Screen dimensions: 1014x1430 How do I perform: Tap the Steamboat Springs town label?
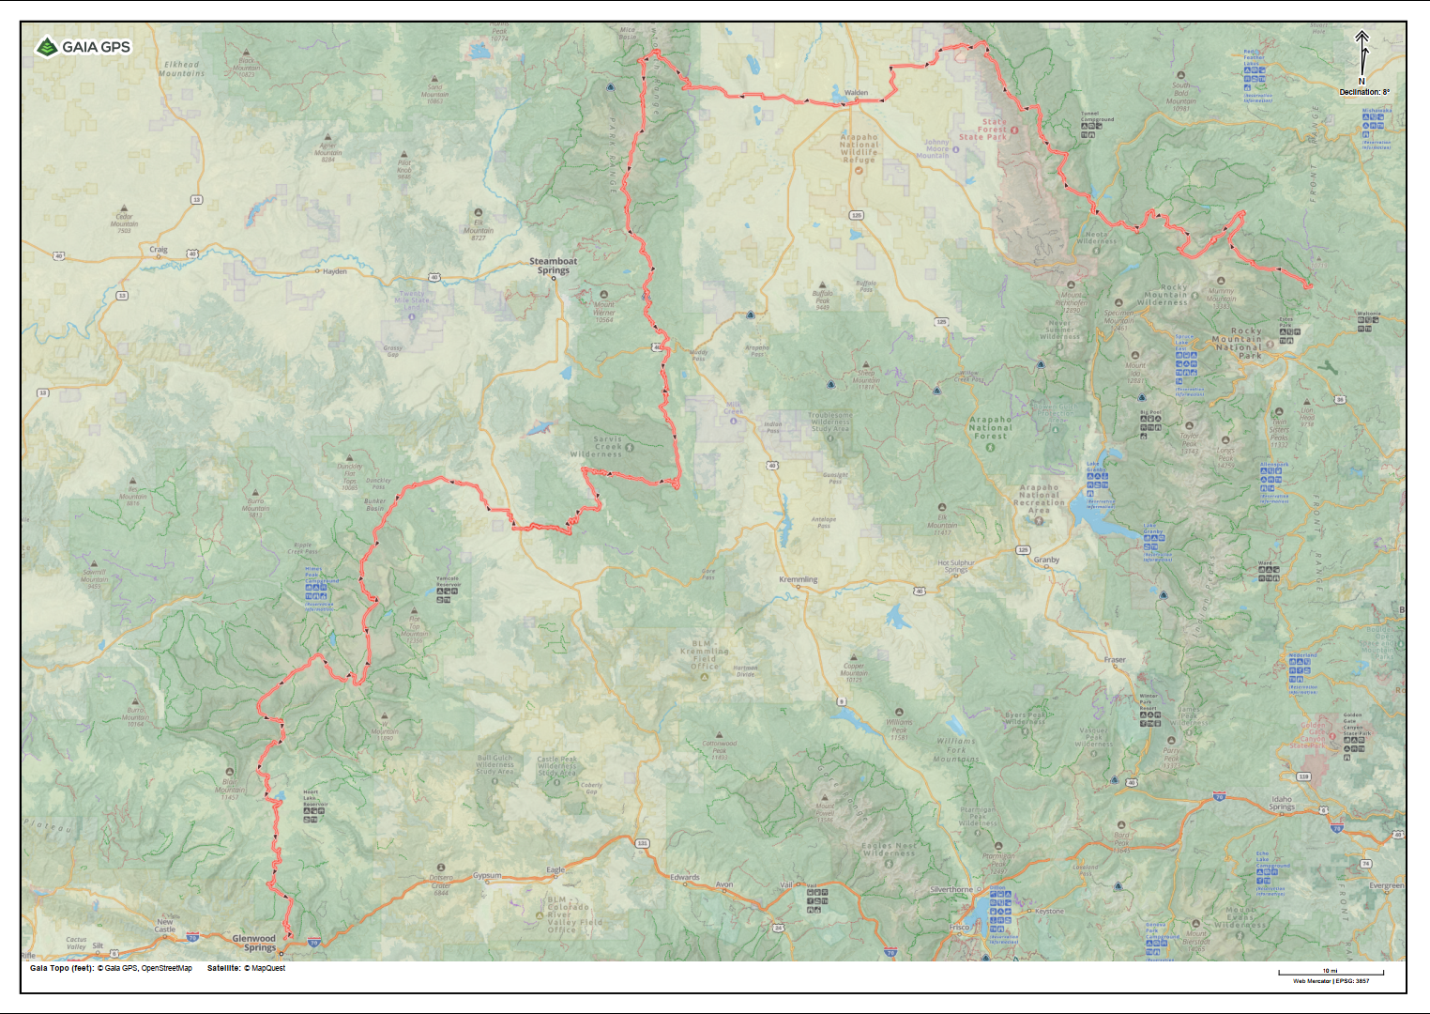tap(554, 266)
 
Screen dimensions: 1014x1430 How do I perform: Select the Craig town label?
tap(159, 250)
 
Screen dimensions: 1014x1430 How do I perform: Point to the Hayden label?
tap(335, 271)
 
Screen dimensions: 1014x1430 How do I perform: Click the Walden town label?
tap(856, 93)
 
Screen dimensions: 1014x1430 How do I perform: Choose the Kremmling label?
tap(798, 579)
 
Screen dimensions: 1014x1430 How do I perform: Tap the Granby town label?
tap(1046, 560)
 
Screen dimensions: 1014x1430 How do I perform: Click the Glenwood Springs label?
tap(254, 943)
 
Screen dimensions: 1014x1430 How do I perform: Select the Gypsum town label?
tap(487, 875)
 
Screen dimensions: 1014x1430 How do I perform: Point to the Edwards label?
tap(685, 877)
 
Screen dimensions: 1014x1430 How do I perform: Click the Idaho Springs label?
tap(1282, 803)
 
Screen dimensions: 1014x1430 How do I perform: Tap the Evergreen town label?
tap(1386, 885)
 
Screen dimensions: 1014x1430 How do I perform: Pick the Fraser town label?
tap(1115, 659)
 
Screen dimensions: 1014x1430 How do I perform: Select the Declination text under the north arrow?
tap(1364, 92)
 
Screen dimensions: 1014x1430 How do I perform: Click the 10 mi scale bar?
tap(1331, 973)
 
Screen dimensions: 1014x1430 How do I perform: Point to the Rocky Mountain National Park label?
tap(1246, 343)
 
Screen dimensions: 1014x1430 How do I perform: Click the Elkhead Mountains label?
tap(182, 69)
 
